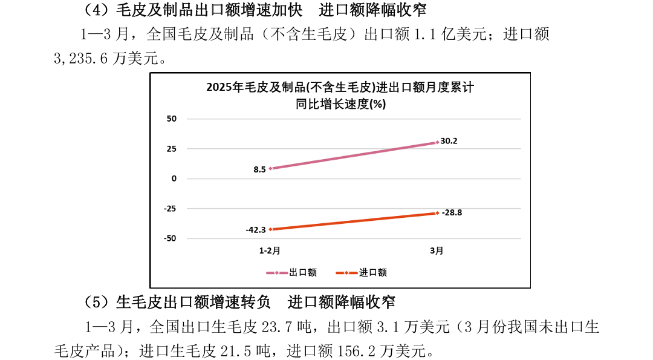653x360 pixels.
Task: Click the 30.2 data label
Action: pos(449,141)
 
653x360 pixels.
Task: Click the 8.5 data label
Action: pos(259,169)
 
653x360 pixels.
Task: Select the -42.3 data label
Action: pos(256,230)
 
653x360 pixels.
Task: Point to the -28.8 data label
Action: pos(452,212)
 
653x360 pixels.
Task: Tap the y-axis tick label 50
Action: pos(172,119)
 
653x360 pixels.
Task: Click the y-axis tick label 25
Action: pos(172,149)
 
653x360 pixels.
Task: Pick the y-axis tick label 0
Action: pos(174,178)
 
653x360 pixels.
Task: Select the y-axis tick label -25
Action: pos(170,209)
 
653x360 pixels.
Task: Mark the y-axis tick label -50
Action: pos(170,238)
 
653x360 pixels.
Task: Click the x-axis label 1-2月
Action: pos(270,250)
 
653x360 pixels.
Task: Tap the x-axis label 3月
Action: pos(437,250)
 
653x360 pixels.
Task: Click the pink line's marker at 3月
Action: pos(437,143)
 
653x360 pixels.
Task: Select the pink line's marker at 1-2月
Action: pos(270,168)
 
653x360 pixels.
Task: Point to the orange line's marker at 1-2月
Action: pos(270,229)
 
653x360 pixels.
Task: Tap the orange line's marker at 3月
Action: pos(437,213)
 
